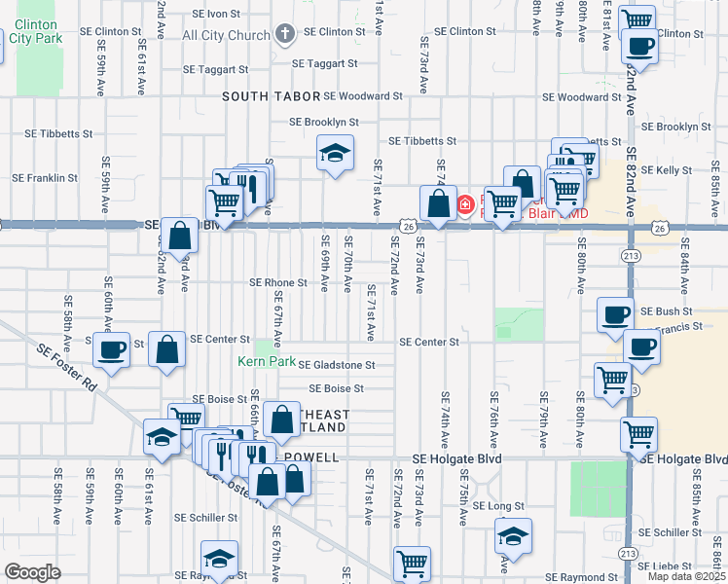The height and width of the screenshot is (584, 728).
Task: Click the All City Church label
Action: (x=226, y=36)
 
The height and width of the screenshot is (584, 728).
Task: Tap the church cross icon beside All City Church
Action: (x=285, y=36)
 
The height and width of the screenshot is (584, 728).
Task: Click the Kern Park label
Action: (x=266, y=361)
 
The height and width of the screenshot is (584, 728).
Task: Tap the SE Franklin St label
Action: (x=45, y=178)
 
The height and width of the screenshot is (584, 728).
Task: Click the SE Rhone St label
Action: (x=278, y=283)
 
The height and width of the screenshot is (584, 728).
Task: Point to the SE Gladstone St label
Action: (x=336, y=365)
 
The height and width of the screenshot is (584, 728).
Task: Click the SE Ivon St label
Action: (x=216, y=15)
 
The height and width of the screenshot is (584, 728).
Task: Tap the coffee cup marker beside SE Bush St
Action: (x=614, y=314)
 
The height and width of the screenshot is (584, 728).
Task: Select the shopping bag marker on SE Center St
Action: (x=167, y=348)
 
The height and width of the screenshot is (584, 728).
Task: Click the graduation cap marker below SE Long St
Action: (x=513, y=535)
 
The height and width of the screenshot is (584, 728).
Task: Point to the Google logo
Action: (x=32, y=572)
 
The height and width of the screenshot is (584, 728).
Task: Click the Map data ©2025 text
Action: (x=685, y=576)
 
